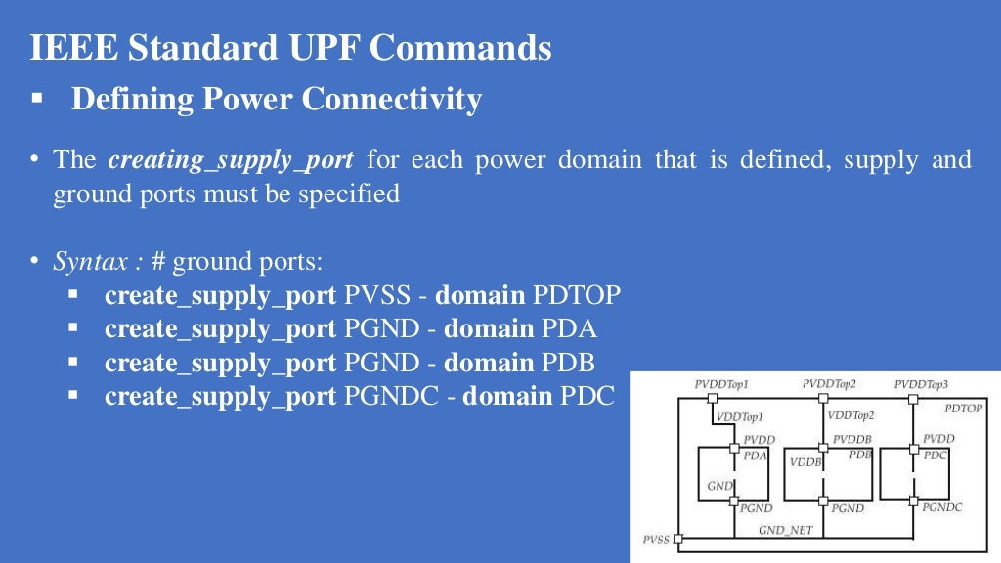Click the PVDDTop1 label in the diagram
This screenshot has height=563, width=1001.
(721, 385)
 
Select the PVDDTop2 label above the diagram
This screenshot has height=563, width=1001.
(829, 384)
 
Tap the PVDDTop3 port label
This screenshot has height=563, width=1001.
(921, 385)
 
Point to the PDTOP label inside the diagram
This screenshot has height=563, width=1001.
(963, 409)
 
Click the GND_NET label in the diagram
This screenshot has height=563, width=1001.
(785, 530)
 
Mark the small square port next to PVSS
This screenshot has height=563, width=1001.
(678, 539)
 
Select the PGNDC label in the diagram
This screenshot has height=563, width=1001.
(942, 507)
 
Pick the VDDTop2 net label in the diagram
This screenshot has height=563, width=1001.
(850, 416)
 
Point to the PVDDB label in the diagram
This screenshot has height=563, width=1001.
(851, 440)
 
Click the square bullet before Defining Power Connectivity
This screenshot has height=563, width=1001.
(37, 100)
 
